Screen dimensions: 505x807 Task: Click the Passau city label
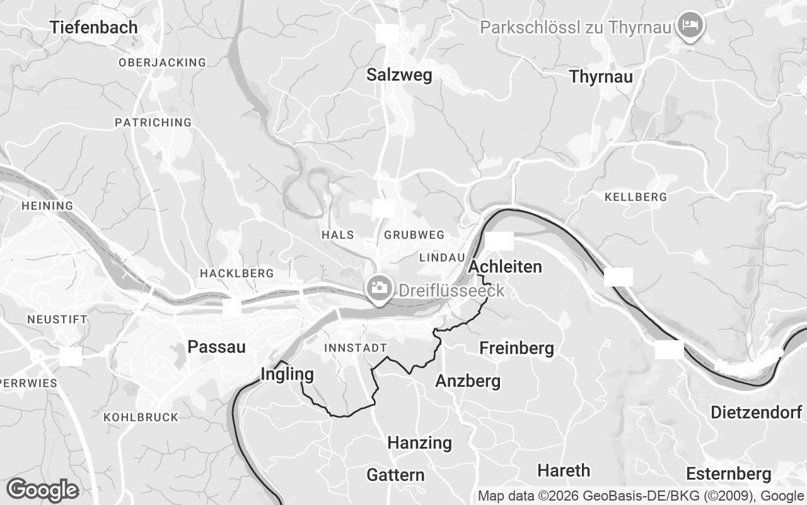pos(216,347)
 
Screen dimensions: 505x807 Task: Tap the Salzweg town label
pos(399,75)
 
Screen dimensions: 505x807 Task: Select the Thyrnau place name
pos(601,77)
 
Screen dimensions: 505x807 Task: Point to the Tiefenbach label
pos(94,27)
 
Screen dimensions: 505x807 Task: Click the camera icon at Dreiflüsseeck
pos(380,288)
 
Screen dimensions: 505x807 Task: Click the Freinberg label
pos(516,348)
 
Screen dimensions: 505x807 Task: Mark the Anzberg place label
pos(468,381)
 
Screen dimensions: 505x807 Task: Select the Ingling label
pos(287,374)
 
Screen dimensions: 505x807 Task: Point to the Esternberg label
pos(728,473)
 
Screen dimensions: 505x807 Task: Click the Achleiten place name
pos(505,267)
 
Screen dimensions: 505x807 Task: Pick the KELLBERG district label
pos(635,197)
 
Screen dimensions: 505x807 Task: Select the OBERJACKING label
pos(162,62)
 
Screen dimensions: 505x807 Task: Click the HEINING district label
pos(47,206)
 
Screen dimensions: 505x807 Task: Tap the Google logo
pos(42,490)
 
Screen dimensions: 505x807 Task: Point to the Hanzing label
pos(419,443)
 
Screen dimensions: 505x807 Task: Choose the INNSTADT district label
pos(355,348)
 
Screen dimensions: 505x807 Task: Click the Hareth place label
pos(564,470)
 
